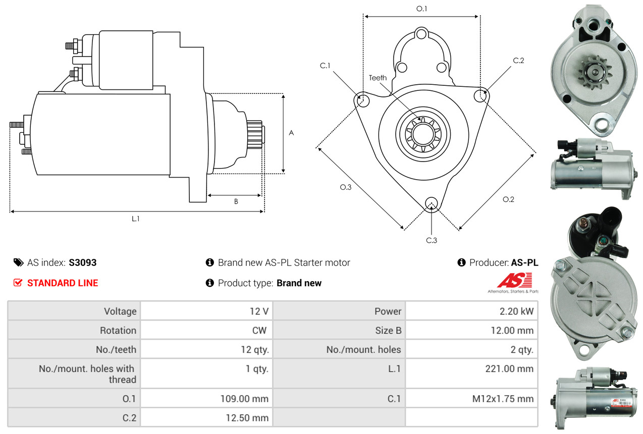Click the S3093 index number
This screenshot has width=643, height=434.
[x=82, y=262]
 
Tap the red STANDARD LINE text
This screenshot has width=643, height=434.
[x=63, y=283]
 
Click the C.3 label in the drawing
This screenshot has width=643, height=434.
[x=432, y=240]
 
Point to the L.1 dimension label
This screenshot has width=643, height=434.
[x=136, y=219]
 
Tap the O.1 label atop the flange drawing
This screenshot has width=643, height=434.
[x=421, y=9]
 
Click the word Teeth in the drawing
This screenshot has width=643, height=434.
[x=378, y=78]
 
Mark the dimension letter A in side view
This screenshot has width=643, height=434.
[x=291, y=133]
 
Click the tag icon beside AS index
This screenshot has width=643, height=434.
[x=18, y=262]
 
